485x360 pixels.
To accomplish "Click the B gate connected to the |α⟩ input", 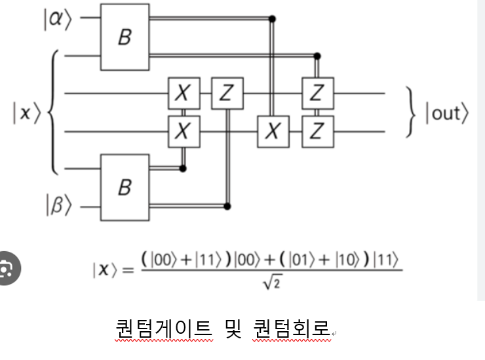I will pyautogui.click(x=125, y=37).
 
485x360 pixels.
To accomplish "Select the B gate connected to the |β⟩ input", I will pyautogui.click(x=125, y=188).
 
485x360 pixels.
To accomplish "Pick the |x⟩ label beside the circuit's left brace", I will pyautogui.click(x=27, y=113).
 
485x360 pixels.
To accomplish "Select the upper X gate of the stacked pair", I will pyautogui.click(x=184, y=93).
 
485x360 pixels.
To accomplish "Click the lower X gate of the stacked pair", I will pyautogui.click(x=184, y=131).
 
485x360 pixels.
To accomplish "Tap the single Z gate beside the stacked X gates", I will pyautogui.click(x=227, y=93).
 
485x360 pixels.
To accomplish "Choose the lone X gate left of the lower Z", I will pyautogui.click(x=273, y=131).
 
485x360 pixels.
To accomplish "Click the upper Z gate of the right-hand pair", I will pyautogui.click(x=317, y=93).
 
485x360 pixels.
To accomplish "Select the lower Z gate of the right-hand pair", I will pyautogui.click(x=317, y=131).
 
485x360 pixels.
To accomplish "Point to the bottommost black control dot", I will pyautogui.click(x=227, y=207).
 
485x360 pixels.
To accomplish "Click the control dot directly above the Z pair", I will pyautogui.click(x=317, y=56).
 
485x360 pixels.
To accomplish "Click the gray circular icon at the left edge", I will pyautogui.click(x=8, y=268).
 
